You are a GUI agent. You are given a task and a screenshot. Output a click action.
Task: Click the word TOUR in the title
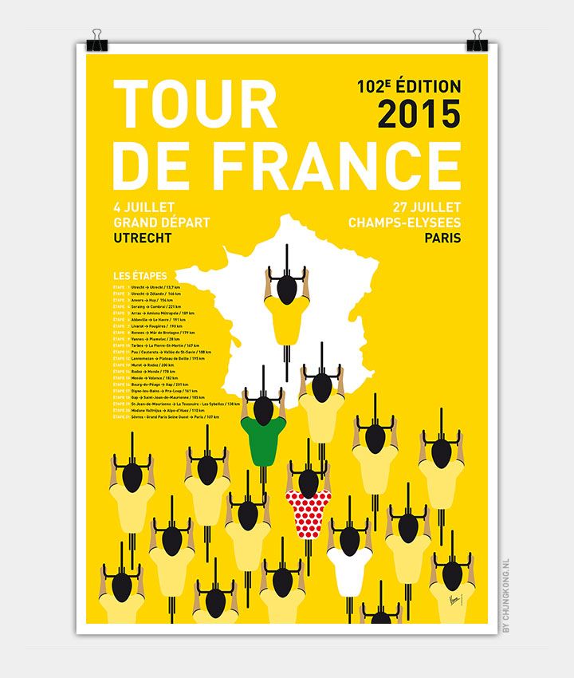pyautogui.click(x=195, y=106)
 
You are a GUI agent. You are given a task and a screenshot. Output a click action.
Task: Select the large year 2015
pyautogui.click(x=419, y=114)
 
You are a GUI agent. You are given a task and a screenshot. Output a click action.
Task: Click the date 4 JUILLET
pyautogui.click(x=144, y=208)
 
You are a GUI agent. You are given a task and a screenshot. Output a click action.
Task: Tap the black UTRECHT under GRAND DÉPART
pyautogui.click(x=143, y=237)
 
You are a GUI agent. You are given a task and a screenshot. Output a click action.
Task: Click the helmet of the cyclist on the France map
pyautogui.click(x=288, y=285)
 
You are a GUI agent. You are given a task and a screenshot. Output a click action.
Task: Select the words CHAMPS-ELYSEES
pyautogui.click(x=404, y=223)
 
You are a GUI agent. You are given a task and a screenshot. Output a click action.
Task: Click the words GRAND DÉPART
pyautogui.click(x=162, y=223)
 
